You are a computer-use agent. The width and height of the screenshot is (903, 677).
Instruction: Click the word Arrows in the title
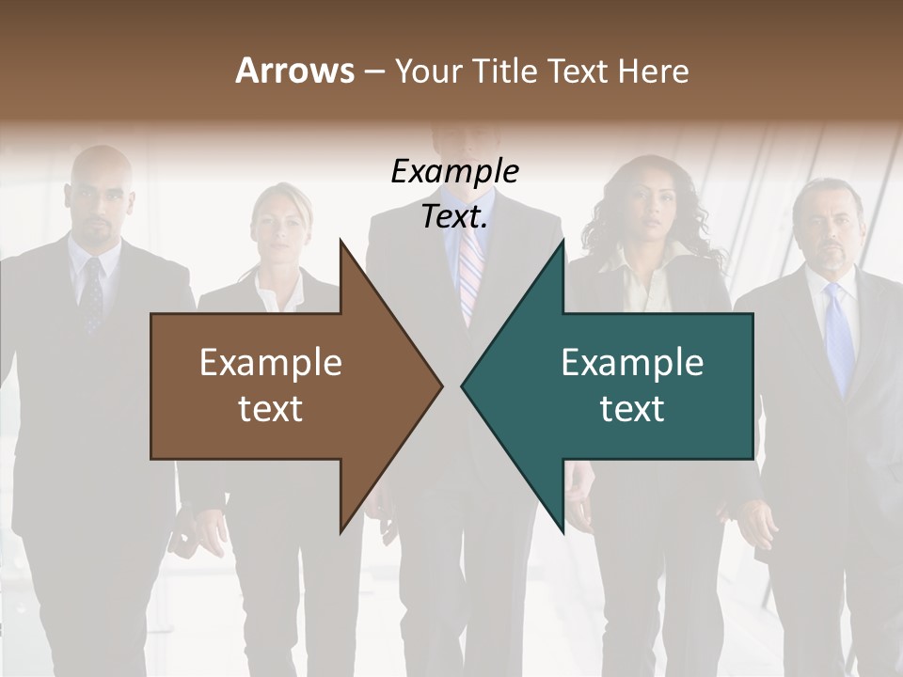click(x=294, y=71)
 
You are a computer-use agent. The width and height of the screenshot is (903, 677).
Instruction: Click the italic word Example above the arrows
click(x=454, y=171)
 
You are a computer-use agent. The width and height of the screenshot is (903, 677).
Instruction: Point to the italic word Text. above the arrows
click(x=454, y=217)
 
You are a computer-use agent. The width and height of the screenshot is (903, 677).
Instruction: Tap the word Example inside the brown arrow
click(x=271, y=363)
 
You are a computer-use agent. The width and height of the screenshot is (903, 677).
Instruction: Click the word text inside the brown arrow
click(x=271, y=408)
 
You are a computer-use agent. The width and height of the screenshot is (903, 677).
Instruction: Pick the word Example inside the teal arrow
click(x=632, y=363)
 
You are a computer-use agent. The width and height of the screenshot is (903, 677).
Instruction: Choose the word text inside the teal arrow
click(x=632, y=408)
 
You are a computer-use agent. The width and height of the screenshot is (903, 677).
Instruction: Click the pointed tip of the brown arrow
click(x=437, y=386)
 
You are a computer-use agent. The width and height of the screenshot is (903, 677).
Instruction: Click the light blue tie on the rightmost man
click(x=838, y=338)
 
